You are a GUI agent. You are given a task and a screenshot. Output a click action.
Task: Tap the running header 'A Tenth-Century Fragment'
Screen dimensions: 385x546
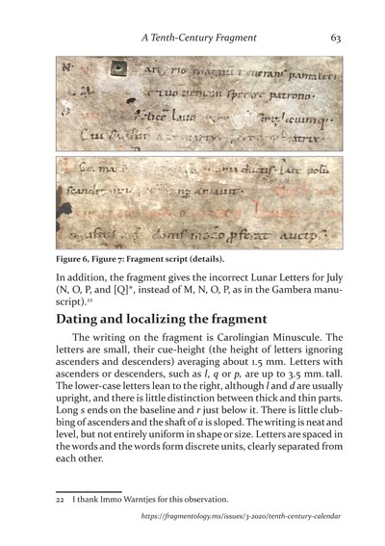click(x=198, y=39)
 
